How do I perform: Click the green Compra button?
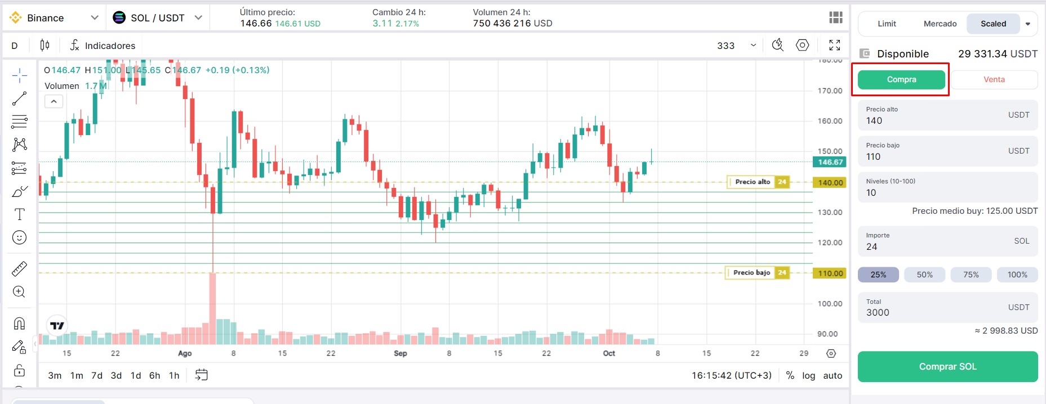[x=901, y=80]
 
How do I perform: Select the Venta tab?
[x=994, y=80]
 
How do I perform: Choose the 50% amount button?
[x=924, y=275]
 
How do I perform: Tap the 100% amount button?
[x=1017, y=275]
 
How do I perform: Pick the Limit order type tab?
[x=887, y=24]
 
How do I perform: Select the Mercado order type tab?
[x=940, y=24]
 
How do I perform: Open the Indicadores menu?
[x=103, y=46]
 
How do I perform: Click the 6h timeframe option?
[x=154, y=375]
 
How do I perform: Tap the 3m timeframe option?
[x=55, y=375]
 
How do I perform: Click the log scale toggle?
[x=808, y=375]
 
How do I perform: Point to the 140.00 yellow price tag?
[x=830, y=183]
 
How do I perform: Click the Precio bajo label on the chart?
[x=751, y=273]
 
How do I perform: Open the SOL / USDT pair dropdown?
[x=158, y=18]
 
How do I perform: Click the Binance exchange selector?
[x=54, y=18]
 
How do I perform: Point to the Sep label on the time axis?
[x=400, y=353]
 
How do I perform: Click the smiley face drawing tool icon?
[x=19, y=238]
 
